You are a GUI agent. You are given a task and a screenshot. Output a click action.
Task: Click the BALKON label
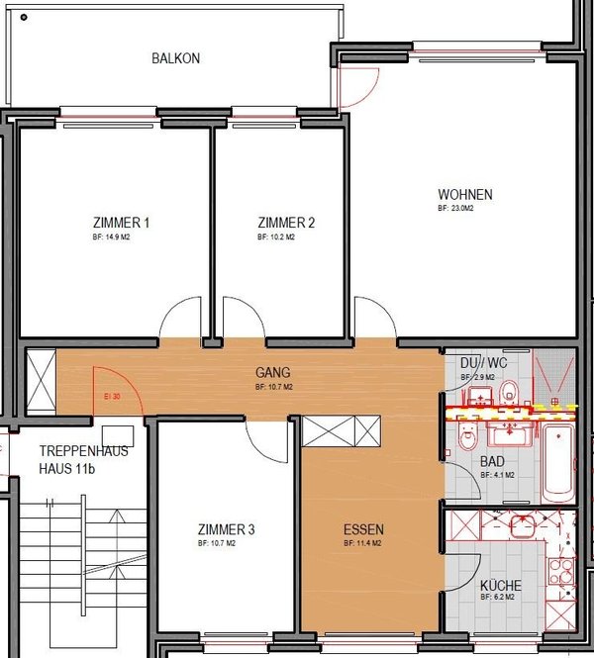click(175, 58)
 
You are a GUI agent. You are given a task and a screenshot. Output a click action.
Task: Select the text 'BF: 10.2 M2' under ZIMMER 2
click(276, 238)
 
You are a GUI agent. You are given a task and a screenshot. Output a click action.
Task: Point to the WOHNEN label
click(465, 194)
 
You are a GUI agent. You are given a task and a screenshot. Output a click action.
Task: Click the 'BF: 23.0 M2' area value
click(456, 210)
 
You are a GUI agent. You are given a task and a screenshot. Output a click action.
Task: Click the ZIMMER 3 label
click(226, 530)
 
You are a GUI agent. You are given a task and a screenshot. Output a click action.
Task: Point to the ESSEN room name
click(363, 529)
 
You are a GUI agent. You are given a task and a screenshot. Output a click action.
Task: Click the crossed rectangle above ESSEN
click(343, 432)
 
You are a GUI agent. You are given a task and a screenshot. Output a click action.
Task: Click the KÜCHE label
click(500, 585)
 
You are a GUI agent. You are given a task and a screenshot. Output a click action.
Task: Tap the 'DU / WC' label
click(483, 363)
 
